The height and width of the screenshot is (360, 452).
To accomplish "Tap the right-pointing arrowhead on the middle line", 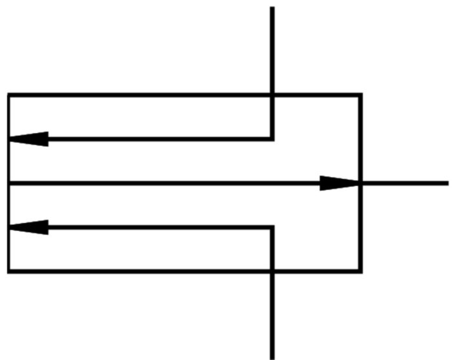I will coord(339,184).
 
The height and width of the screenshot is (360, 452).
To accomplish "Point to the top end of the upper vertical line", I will coord(272,8).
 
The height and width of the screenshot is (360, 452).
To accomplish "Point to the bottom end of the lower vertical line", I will coord(272,357).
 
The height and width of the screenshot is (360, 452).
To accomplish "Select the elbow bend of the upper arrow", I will coord(272,139).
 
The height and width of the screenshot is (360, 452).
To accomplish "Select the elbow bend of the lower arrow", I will coord(272,228).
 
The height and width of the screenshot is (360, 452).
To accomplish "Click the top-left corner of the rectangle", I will coord(9,95).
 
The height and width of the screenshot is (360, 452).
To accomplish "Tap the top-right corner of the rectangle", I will coord(360,95).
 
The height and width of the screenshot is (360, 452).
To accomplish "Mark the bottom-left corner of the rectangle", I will coord(9,271).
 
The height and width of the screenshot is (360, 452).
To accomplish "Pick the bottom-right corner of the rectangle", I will coord(360,271).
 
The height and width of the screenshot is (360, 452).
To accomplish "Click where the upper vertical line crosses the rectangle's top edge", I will coord(272,95).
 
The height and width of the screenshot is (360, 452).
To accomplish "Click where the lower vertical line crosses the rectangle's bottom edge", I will coord(272,271).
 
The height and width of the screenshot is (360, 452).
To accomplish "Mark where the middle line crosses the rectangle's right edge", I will coord(360,184).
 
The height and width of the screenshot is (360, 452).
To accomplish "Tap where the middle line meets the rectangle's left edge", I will coord(9,184).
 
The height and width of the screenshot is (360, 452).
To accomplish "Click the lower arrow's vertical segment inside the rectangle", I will coord(272,249).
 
